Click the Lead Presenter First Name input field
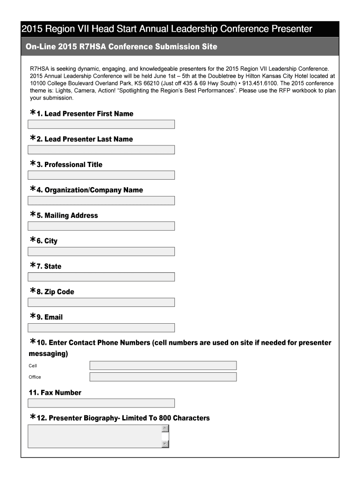pos(101,124)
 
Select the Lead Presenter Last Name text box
pos(101,150)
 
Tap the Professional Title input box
pos(101,175)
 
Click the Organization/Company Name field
pos(101,201)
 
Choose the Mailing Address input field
pos(101,226)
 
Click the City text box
pos(101,252)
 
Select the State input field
pos(101,277)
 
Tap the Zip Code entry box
pos(101,302)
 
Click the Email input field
pos(101,328)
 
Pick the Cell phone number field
pos(163,366)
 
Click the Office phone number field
pos(163,377)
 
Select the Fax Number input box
pos(101,403)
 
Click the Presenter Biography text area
pos(94,436)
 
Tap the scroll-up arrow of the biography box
pos(165,428)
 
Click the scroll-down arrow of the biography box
pos(165,444)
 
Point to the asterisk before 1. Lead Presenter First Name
pos(32,113)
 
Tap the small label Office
pos(35,377)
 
